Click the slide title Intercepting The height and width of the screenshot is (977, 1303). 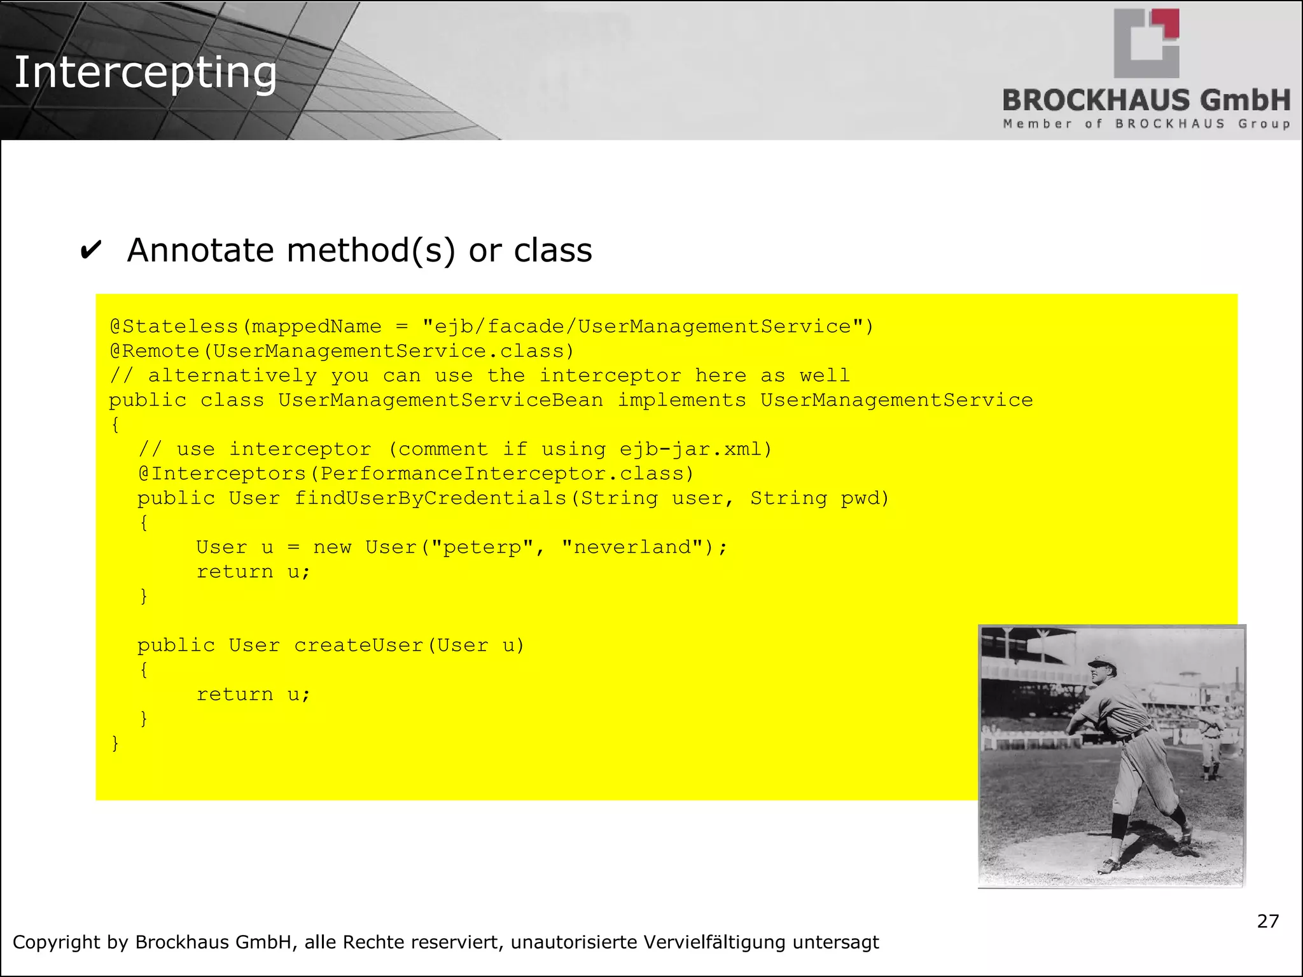[145, 73]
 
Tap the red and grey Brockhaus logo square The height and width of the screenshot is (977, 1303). [1146, 43]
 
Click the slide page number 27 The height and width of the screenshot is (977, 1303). [1267, 921]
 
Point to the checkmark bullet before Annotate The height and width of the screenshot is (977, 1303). [91, 251]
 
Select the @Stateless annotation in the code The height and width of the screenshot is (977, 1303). [174, 327]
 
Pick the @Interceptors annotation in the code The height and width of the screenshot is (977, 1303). [222, 474]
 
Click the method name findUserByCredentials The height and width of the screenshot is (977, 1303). [430, 498]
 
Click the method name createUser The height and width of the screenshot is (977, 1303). [359, 646]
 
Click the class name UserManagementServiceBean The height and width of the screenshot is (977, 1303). [440, 400]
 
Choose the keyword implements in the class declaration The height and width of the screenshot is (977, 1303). [681, 400]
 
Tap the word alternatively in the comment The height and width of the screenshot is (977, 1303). [232, 375]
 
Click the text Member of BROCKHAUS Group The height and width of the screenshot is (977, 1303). [1146, 124]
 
